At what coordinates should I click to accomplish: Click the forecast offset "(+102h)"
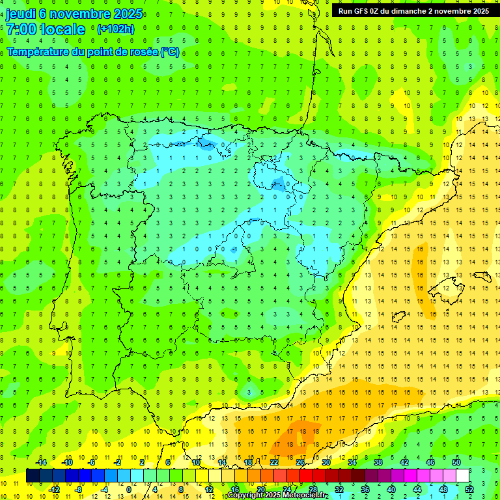pos(115,29)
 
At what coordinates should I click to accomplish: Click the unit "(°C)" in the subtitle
pos(169,52)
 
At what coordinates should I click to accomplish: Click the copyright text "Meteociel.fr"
pos(305,495)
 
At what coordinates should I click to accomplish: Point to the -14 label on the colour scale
pos(41,462)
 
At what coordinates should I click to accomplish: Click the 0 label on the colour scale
pos(129,490)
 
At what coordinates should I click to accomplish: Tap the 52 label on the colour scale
pos(469,490)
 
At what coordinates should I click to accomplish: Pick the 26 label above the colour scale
pos(300,462)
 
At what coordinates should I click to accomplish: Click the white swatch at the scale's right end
pos(462,476)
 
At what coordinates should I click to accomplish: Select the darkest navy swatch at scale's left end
pos(33,476)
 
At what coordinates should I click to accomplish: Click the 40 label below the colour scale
pos(391,490)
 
